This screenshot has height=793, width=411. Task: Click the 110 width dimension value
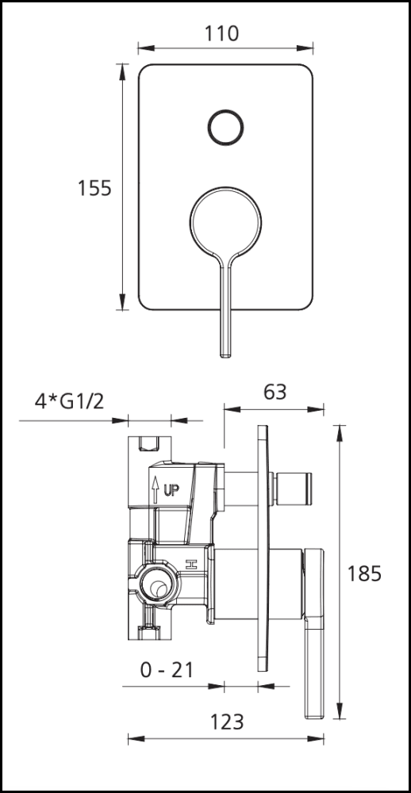click(221, 33)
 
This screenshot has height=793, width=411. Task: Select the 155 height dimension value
click(94, 188)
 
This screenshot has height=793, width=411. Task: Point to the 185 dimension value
click(364, 573)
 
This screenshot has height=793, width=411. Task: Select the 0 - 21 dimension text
click(167, 670)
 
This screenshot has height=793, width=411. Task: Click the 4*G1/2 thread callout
click(70, 401)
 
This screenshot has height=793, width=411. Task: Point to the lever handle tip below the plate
click(225, 349)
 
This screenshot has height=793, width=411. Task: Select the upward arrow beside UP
click(156, 486)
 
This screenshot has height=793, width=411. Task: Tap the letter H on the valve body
click(190, 565)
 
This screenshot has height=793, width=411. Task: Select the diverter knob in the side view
click(295, 485)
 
